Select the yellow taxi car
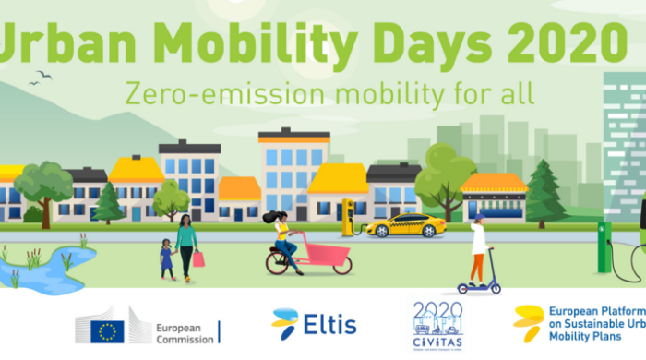406,226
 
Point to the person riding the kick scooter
478,250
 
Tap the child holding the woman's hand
167,258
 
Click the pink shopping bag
198,259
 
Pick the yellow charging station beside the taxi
349,218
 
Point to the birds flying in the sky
40,78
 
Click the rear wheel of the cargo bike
278,263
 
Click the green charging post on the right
604,247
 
